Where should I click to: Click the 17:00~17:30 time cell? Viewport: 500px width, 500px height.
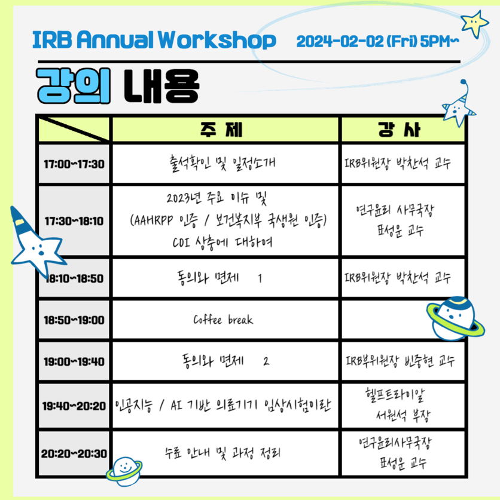(74, 164)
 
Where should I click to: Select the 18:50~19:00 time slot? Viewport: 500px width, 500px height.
(74, 320)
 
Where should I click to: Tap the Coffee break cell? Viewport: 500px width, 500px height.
(225, 320)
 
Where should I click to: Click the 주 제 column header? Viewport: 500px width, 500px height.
(225, 129)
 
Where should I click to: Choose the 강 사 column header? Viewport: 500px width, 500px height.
(403, 129)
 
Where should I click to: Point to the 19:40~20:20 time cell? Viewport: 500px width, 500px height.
(74, 406)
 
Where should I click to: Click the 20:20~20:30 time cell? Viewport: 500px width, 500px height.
(74, 453)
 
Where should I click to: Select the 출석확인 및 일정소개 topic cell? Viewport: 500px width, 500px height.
(225, 164)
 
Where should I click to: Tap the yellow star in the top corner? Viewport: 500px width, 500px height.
(475, 24)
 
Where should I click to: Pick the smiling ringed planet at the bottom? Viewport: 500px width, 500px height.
(124, 471)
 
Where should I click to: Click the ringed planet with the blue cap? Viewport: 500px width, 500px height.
(455, 318)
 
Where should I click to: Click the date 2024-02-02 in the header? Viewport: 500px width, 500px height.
(340, 41)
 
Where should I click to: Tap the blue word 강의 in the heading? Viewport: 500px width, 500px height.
(74, 86)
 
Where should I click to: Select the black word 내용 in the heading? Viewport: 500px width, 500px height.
(161, 86)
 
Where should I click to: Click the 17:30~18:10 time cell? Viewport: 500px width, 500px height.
(74, 220)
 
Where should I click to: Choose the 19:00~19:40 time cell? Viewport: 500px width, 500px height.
(74, 361)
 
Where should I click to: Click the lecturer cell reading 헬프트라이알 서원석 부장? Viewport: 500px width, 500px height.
(403, 406)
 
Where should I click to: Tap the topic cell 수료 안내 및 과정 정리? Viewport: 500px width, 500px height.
(225, 453)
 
